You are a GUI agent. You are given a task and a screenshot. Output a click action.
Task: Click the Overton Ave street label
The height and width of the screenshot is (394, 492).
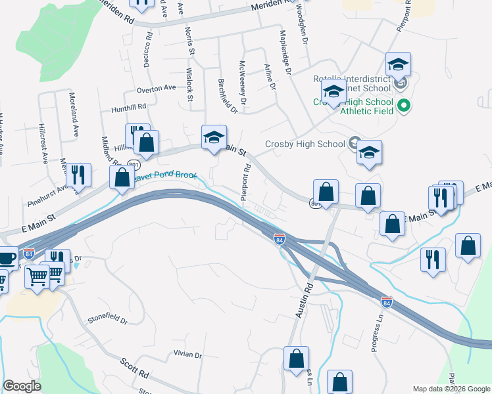(x=157, y=87)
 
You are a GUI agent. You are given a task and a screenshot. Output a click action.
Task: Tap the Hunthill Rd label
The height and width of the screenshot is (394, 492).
(x=128, y=107)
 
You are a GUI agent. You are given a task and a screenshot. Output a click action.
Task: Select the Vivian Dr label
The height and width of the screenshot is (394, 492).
(x=188, y=355)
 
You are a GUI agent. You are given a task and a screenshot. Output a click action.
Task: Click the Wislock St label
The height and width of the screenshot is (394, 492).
(x=189, y=85)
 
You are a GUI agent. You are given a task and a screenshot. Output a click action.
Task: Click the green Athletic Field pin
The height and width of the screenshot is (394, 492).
(x=405, y=104)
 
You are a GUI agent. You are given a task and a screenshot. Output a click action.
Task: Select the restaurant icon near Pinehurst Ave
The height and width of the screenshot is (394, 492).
(x=78, y=174)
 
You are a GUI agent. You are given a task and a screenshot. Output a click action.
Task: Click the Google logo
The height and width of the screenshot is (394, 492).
(x=22, y=386)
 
